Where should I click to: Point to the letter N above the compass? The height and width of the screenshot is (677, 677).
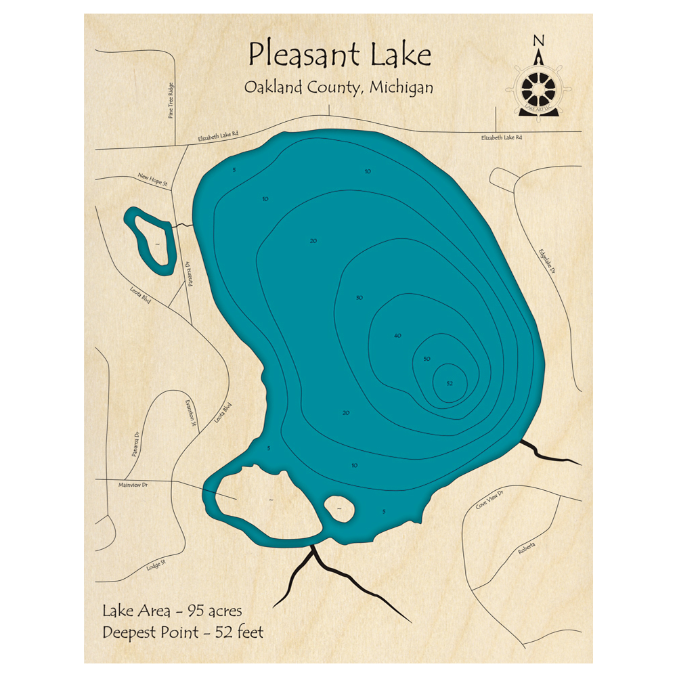coord(539,41)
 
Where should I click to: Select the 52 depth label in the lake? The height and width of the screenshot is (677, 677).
coord(450,384)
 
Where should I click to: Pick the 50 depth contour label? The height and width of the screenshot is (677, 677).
coord(427,358)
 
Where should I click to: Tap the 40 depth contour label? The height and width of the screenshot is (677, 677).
coord(397,336)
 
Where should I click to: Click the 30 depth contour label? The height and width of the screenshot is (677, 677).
coord(359,298)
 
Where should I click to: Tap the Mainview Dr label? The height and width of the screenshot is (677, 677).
coord(133,485)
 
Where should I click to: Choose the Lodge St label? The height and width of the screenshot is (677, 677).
coord(156,565)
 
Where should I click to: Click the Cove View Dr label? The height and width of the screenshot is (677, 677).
coord(490,500)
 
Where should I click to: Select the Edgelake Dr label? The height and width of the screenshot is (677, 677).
coord(546,261)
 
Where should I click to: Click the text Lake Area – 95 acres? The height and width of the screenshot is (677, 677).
coord(172,611)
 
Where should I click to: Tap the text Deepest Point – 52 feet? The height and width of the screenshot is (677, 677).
coord(183,633)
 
